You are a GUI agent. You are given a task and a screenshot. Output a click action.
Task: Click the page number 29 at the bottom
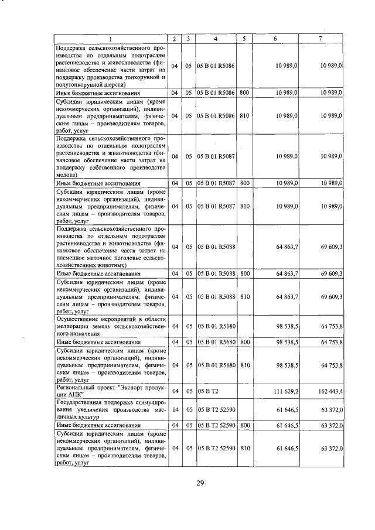point(199,483)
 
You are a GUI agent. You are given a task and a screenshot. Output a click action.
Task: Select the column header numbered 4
point(216,39)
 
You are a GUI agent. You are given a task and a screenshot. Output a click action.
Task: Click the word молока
point(66,175)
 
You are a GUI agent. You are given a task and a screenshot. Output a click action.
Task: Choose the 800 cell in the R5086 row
point(244,93)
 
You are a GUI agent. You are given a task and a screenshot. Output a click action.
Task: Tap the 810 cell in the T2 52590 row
point(244,448)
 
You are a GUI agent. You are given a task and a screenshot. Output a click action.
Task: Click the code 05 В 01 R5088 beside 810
point(216,296)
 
